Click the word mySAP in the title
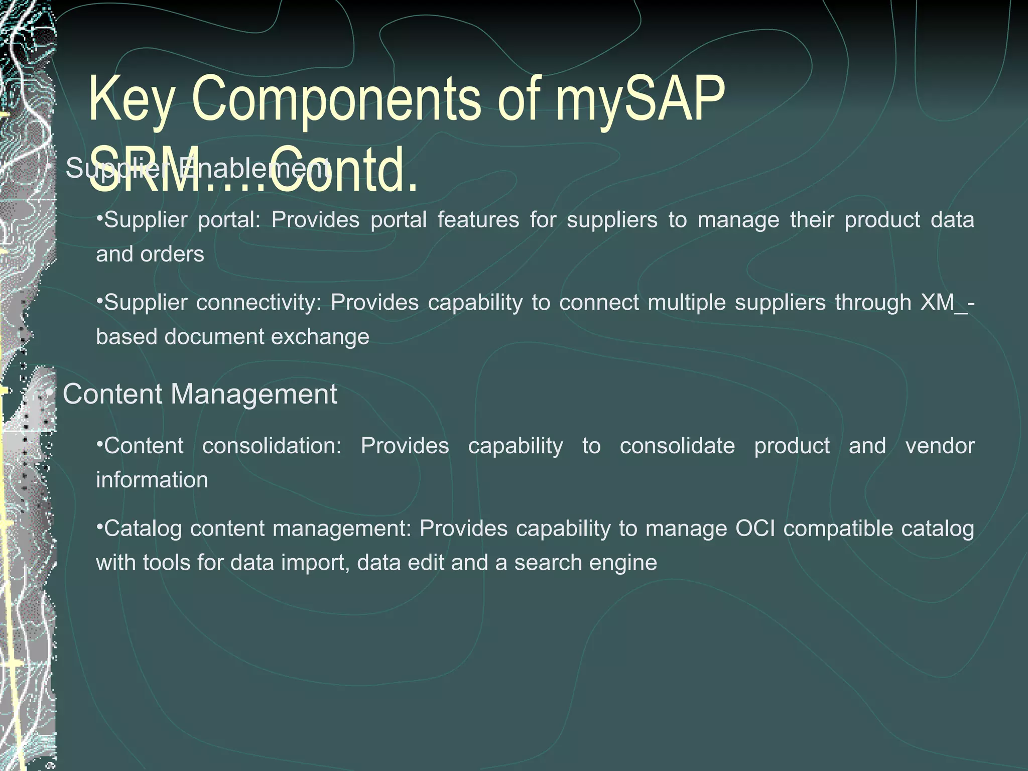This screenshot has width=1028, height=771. click(x=640, y=100)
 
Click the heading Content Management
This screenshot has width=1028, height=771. click(x=200, y=394)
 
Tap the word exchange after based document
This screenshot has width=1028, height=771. click(x=320, y=337)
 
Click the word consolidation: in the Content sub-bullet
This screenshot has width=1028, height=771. click(x=272, y=446)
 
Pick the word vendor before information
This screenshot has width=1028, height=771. click(x=940, y=446)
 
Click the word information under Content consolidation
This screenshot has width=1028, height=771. click(x=152, y=480)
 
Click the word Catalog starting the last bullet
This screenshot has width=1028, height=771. click(x=143, y=529)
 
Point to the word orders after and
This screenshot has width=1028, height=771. click(x=172, y=254)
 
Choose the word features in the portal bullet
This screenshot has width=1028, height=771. click(x=478, y=220)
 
